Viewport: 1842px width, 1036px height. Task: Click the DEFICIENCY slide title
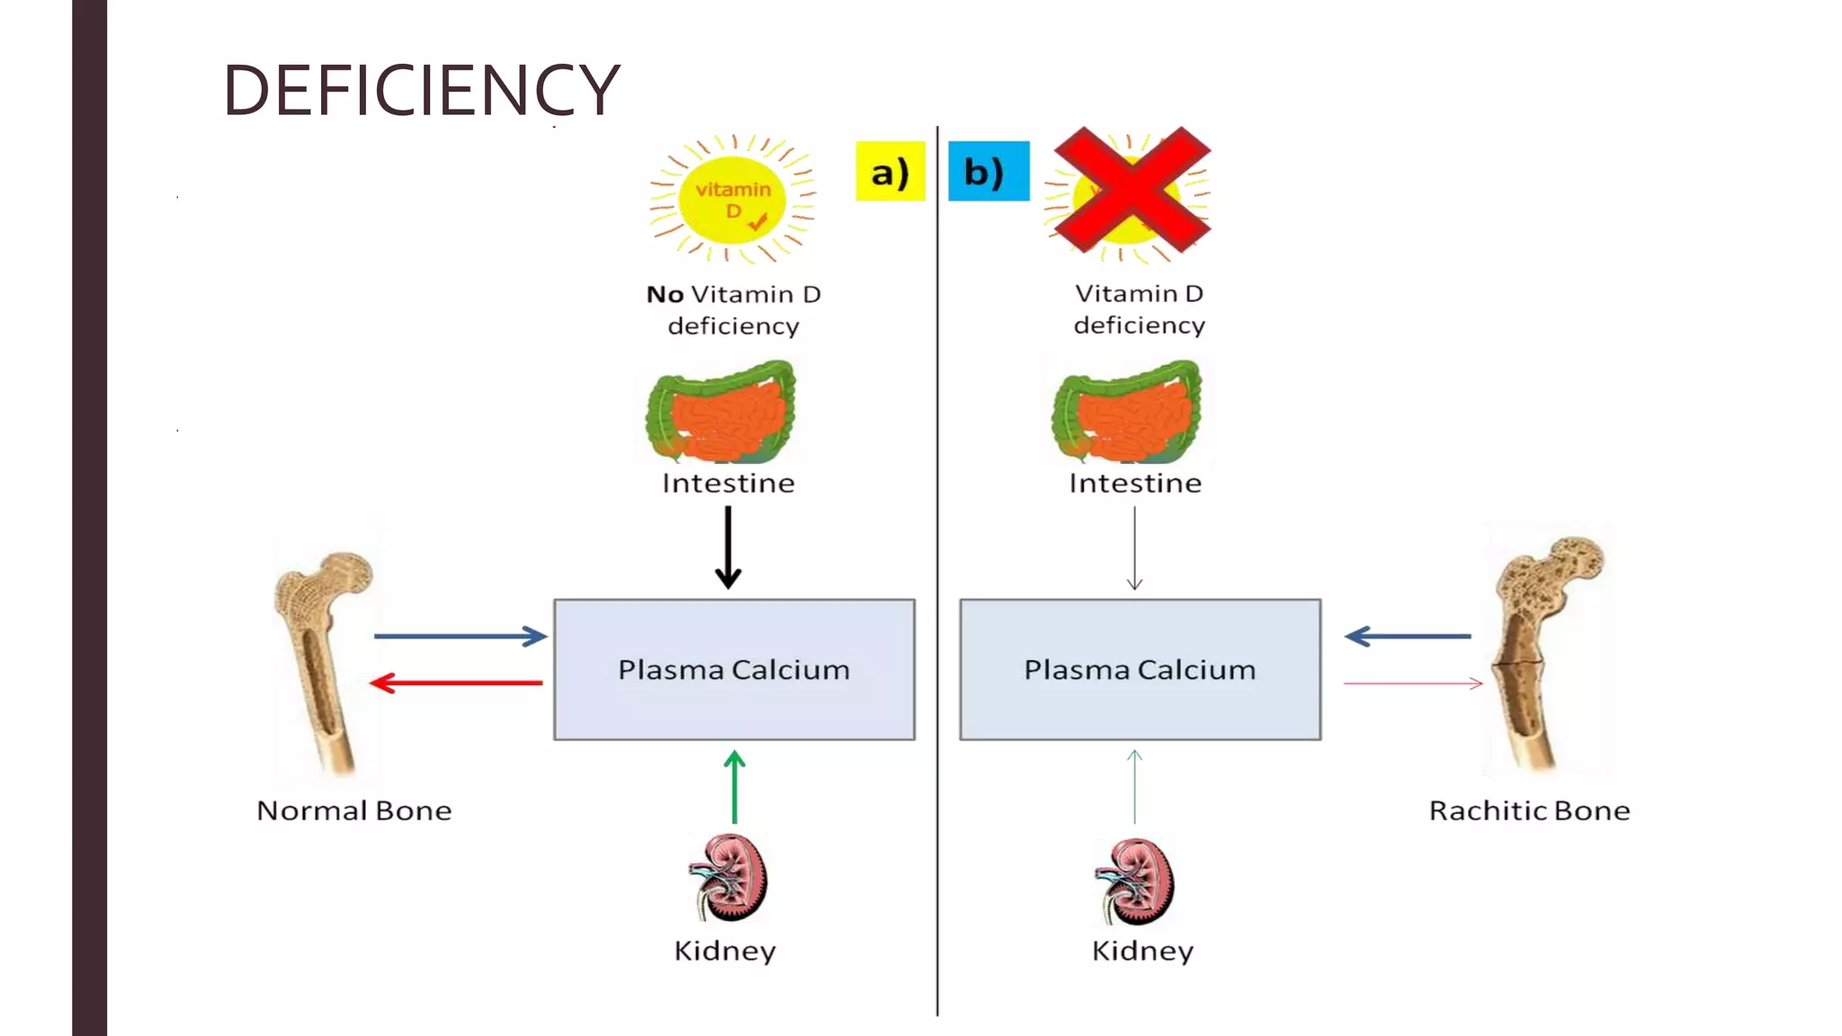pyautogui.click(x=421, y=90)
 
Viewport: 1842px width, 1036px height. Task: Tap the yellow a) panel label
pyautogui.click(x=890, y=171)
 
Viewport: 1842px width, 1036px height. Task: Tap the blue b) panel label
pyautogui.click(x=988, y=171)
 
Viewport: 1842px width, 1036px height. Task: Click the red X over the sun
pyautogui.click(x=1131, y=190)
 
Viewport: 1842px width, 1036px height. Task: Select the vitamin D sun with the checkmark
pyautogui.click(x=732, y=200)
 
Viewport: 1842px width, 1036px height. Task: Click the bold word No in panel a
pyautogui.click(x=665, y=295)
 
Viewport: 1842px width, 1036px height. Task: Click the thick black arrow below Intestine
pyautogui.click(x=728, y=547)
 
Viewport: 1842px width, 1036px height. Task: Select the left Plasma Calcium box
pyautogui.click(x=734, y=670)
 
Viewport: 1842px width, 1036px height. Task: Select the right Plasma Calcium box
pyautogui.click(x=1140, y=670)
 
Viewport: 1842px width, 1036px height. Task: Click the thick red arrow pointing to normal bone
pyautogui.click(x=456, y=683)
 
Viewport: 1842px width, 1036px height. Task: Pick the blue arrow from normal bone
pyautogui.click(x=460, y=637)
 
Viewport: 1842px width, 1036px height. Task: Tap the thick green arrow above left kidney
pyautogui.click(x=734, y=787)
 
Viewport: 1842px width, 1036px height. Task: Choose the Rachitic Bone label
pyautogui.click(x=1529, y=811)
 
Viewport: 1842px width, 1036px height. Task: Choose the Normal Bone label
pyautogui.click(x=354, y=811)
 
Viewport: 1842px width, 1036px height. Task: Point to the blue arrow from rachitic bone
pyautogui.click(x=1408, y=637)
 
